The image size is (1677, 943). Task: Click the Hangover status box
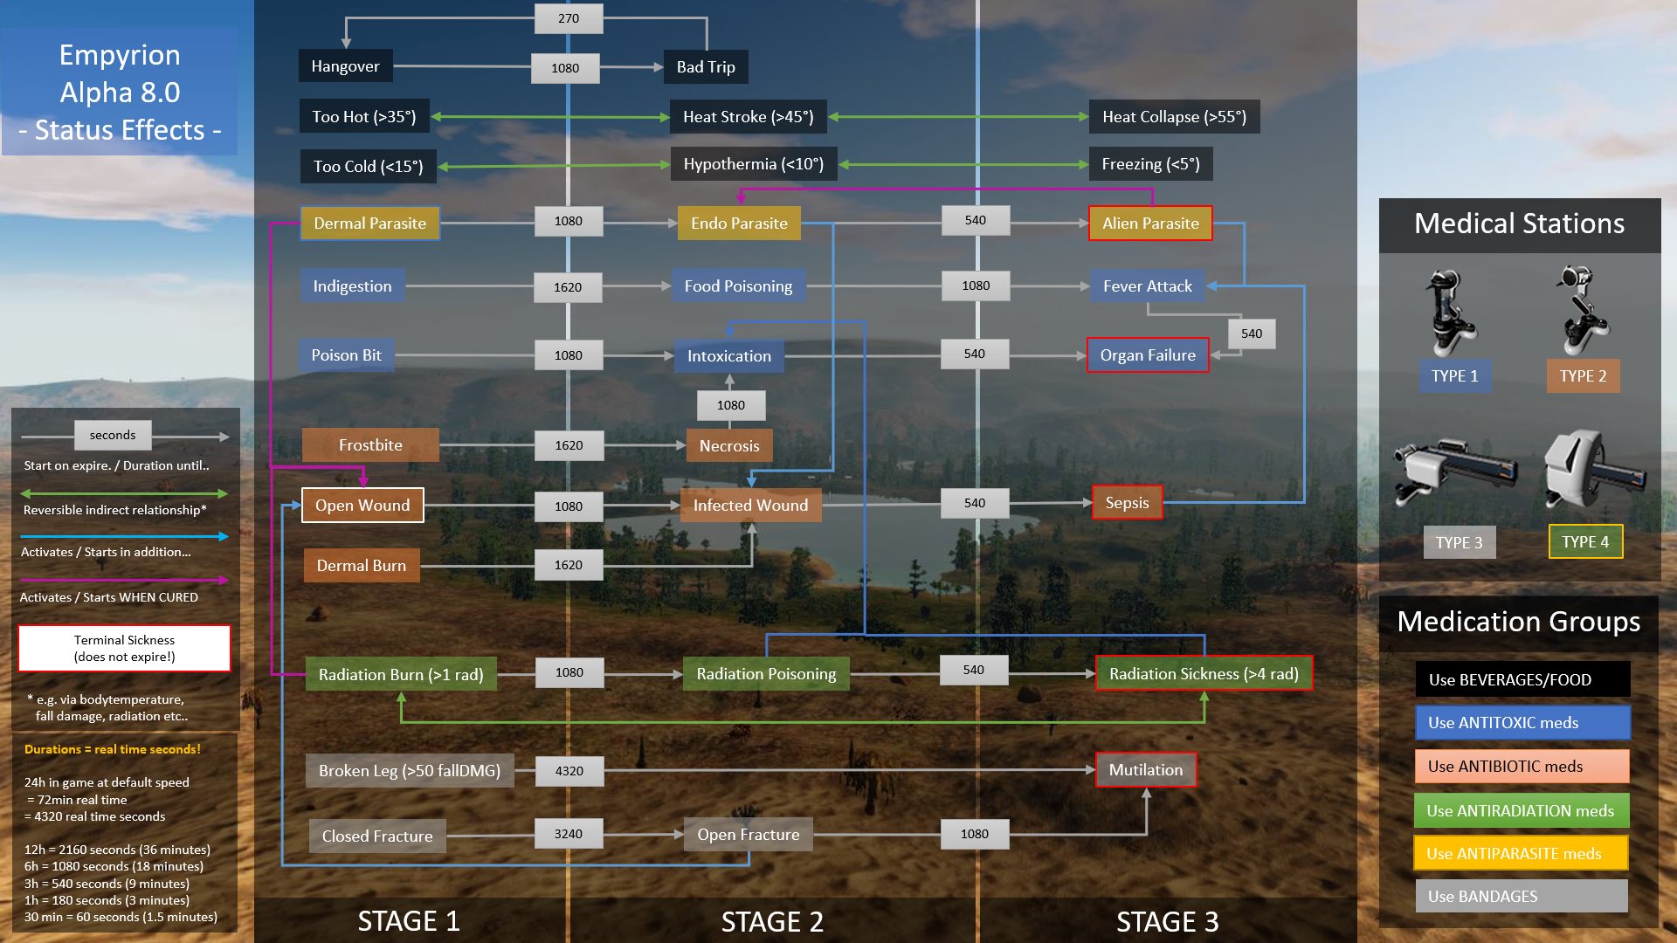click(x=345, y=66)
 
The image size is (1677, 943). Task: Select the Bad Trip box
click(x=706, y=67)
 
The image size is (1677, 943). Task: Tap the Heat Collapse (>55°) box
click(x=1174, y=117)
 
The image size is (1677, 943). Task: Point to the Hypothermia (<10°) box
click(x=753, y=164)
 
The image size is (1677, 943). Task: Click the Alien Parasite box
click(x=1150, y=224)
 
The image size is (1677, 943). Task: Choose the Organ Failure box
click(x=1148, y=355)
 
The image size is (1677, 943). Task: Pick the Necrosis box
click(x=729, y=446)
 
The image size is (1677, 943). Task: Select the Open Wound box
click(x=362, y=506)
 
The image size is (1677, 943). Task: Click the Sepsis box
click(x=1127, y=503)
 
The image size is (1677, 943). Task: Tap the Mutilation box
click(x=1145, y=770)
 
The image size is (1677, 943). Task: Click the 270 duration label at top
click(x=569, y=18)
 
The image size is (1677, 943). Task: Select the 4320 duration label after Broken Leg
click(x=569, y=771)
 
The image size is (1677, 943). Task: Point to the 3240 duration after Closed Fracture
click(x=568, y=835)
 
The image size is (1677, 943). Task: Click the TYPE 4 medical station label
click(x=1585, y=542)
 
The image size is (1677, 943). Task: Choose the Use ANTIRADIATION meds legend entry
click(x=1521, y=811)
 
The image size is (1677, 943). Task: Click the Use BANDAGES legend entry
click(x=1521, y=897)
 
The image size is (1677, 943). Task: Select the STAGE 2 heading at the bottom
click(x=772, y=922)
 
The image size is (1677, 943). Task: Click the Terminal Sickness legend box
click(x=125, y=649)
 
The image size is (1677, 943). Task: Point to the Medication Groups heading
click(x=1518, y=622)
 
